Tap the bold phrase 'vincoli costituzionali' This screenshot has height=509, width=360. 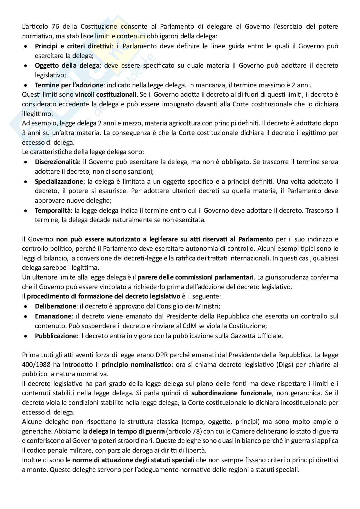(106, 95)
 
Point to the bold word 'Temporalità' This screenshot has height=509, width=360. (53, 210)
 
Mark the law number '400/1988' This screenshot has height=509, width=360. (33, 365)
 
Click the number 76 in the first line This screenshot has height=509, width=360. (53, 26)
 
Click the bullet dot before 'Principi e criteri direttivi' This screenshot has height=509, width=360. (26, 46)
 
